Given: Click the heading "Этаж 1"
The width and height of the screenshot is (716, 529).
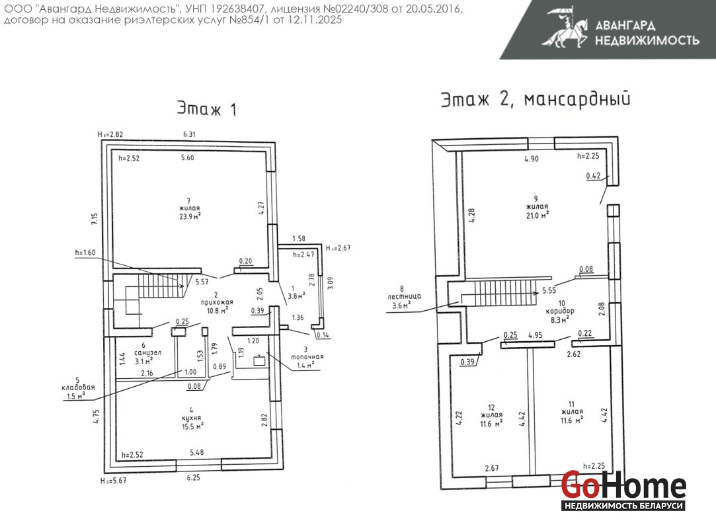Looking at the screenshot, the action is [x=206, y=108].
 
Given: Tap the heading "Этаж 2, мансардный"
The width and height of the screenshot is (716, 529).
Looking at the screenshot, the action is [x=535, y=99].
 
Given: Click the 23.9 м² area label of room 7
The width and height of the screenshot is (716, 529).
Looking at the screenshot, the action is [x=190, y=216].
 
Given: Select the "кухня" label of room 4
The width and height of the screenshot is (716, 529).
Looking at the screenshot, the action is [x=191, y=418].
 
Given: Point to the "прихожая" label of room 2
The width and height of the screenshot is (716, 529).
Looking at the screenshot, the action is [x=217, y=302].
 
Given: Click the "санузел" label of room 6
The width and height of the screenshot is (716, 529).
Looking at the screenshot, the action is [x=147, y=352].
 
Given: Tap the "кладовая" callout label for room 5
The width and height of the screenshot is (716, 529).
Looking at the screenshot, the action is [x=78, y=387].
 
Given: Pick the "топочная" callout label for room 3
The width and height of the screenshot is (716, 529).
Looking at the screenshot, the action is [x=307, y=357].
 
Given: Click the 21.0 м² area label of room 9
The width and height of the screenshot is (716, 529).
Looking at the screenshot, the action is [x=537, y=215].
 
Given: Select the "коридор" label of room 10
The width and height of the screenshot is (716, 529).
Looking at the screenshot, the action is [x=560, y=311].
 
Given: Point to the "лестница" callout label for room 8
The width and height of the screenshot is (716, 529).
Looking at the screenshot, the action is [x=404, y=296].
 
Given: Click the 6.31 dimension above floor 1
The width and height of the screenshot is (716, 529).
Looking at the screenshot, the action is [x=189, y=134].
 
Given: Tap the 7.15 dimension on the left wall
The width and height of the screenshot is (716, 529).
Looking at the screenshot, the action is [x=95, y=219].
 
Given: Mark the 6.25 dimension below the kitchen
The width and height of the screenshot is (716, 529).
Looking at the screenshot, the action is [x=193, y=477].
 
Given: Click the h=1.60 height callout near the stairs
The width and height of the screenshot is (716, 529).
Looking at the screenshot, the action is [x=85, y=253].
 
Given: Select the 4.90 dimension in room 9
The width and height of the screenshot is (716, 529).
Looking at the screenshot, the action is [x=532, y=159].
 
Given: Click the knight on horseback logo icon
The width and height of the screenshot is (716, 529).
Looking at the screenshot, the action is [x=565, y=27].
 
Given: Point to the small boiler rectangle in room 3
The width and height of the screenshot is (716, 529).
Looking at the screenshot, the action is [x=259, y=361].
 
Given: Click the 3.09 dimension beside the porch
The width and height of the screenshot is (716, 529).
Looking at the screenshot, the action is [x=331, y=283].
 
